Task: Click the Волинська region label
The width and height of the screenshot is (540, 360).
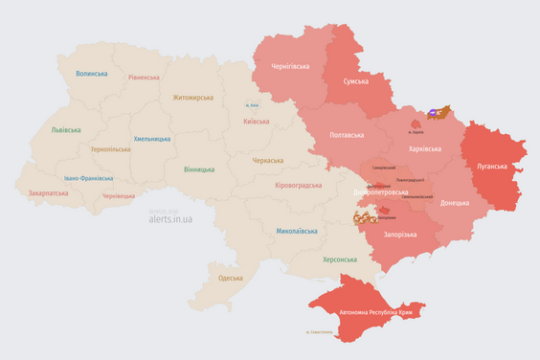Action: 92,74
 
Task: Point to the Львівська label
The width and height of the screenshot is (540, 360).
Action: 65,130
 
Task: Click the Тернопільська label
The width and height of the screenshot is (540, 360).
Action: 111,149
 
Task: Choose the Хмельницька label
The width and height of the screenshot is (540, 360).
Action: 152,139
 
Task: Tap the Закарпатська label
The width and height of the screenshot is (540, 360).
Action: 48,192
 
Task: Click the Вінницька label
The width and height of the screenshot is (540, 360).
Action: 199,169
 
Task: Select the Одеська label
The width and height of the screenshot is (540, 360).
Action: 230,278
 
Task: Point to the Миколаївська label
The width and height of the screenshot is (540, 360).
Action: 297,231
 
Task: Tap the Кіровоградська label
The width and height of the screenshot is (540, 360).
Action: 302,185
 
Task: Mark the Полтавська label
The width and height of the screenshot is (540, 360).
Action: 346,135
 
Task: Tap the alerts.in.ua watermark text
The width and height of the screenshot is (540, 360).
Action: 170,218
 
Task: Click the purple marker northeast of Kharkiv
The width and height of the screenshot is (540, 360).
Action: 436,113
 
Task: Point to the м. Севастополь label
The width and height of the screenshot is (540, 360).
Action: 320,332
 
